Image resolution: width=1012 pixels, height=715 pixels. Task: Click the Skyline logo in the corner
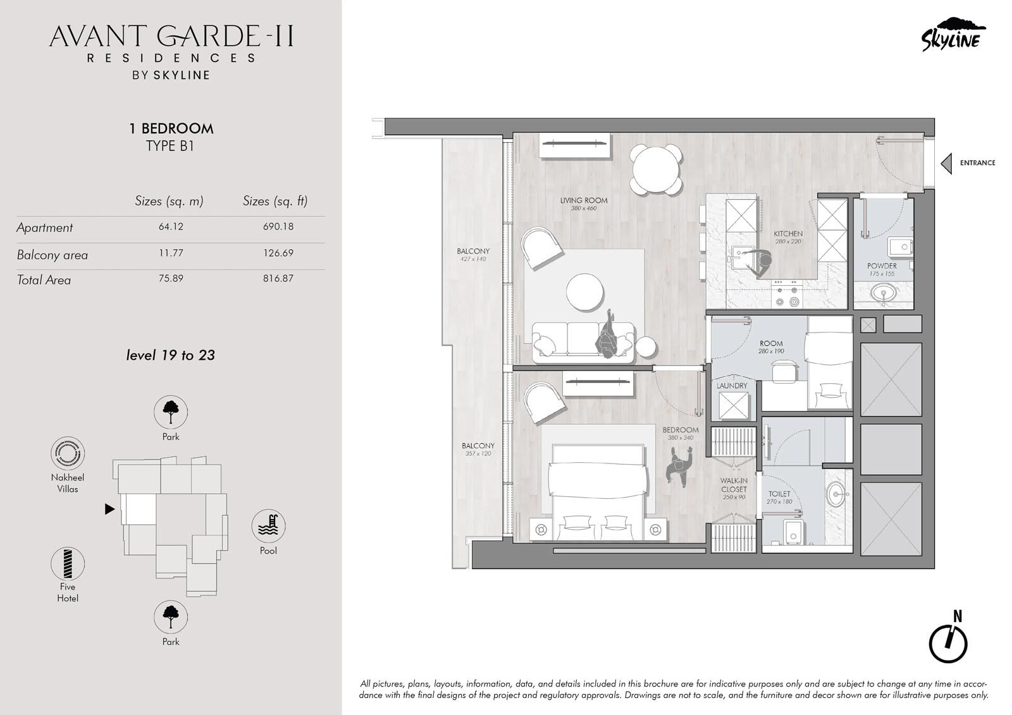click(x=953, y=35)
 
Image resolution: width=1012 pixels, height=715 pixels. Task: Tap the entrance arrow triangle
click(x=946, y=163)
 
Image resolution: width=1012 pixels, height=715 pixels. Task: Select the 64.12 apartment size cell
click(x=171, y=227)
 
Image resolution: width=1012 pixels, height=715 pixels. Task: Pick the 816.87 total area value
click(x=278, y=279)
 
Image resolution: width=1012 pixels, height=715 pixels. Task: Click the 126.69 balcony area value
click(x=278, y=253)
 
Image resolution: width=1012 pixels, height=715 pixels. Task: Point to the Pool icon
click(x=268, y=526)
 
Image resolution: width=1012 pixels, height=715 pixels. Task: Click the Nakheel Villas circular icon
click(x=68, y=453)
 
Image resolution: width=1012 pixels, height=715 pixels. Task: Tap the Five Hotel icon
click(x=68, y=564)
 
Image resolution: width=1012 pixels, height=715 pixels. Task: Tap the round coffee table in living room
click(x=585, y=292)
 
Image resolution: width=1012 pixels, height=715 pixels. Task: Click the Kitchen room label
click(x=788, y=234)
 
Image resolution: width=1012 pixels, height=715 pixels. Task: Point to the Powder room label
click(x=882, y=266)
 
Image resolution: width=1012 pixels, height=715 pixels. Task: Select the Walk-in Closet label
click(x=734, y=485)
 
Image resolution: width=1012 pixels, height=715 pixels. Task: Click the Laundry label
click(x=732, y=386)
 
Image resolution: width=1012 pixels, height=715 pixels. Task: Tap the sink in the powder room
click(x=883, y=293)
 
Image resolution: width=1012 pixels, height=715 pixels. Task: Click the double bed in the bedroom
click(x=599, y=492)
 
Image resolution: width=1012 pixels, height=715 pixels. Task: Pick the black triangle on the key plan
click(x=109, y=509)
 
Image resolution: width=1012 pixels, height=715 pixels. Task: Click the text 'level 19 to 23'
click(x=171, y=355)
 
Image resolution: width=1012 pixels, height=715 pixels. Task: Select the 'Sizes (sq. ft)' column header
click(x=275, y=201)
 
